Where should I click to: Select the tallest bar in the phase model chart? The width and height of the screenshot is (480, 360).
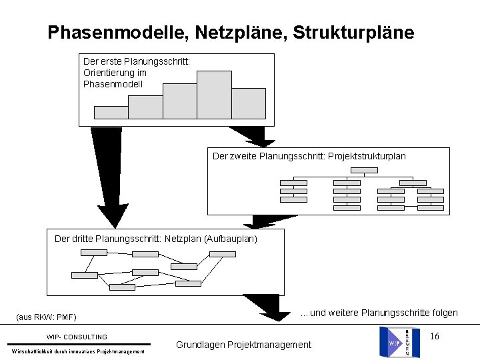coord(214,95)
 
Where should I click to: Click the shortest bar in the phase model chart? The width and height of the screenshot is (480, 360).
coord(111,112)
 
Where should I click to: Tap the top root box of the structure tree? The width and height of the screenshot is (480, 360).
coord(364,169)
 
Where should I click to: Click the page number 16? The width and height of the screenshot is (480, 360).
coord(434,336)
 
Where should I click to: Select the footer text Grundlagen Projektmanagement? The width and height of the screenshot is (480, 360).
coord(243,345)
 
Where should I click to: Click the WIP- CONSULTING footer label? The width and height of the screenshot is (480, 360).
coord(77,337)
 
